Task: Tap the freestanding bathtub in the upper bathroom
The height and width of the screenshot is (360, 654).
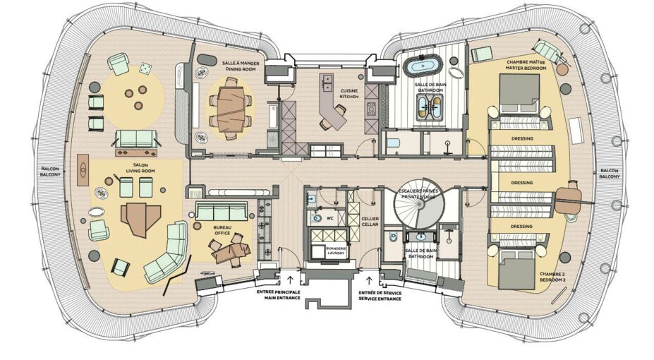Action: (423, 66)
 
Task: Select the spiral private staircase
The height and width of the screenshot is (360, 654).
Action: (420, 204)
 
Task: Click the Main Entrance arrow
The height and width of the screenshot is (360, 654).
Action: (290, 280)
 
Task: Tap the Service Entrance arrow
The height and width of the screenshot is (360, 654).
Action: (369, 280)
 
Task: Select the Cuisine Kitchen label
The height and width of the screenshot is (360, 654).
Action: (349, 93)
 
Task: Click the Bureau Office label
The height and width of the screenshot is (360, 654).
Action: (222, 230)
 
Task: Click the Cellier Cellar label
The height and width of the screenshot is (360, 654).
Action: (370, 222)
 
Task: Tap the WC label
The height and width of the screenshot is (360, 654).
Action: (329, 218)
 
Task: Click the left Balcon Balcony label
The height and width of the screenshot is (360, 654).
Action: (50, 172)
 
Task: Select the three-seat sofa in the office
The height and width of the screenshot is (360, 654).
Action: (222, 212)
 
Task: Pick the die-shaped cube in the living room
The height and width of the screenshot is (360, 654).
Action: (145, 68)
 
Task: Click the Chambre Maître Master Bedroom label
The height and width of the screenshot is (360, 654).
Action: (526, 65)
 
